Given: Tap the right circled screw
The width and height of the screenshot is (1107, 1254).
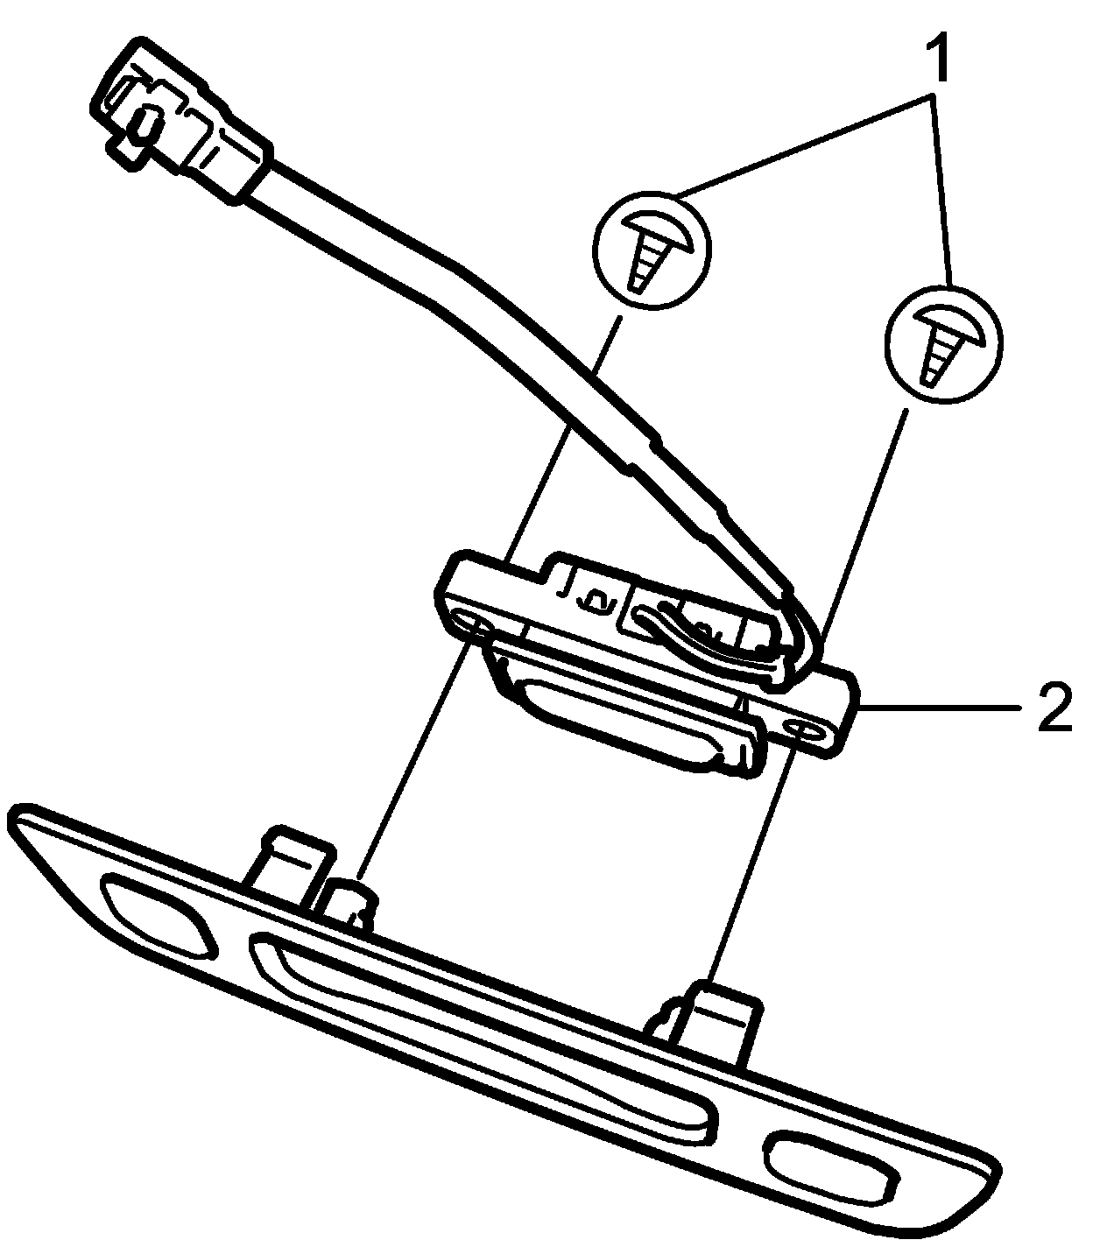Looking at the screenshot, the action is (942, 345).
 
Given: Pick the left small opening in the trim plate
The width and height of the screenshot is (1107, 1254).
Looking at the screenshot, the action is (158, 916).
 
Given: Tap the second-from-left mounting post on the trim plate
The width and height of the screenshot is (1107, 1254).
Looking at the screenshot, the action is (350, 902).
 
